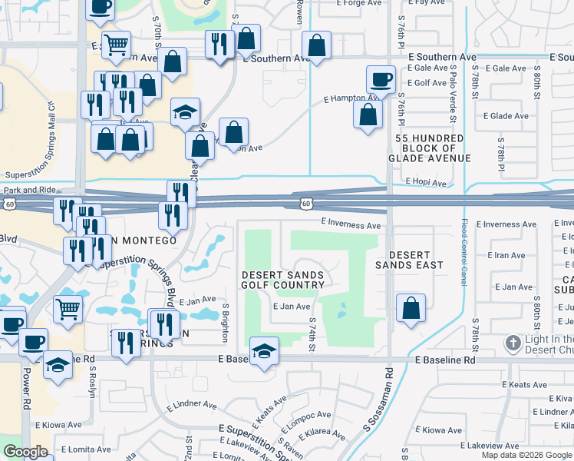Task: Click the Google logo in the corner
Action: [x=25, y=452]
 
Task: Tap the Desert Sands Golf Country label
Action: [x=283, y=280]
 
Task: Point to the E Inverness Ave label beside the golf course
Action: [x=351, y=225]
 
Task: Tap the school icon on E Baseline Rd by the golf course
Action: [x=264, y=350]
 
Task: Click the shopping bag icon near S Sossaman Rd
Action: [x=411, y=308]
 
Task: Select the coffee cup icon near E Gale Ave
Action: [x=381, y=78]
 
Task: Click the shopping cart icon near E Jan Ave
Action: [x=68, y=309]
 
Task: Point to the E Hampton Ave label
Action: [x=351, y=98]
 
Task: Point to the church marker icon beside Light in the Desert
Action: [x=513, y=342]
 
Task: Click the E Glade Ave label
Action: [x=506, y=116]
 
